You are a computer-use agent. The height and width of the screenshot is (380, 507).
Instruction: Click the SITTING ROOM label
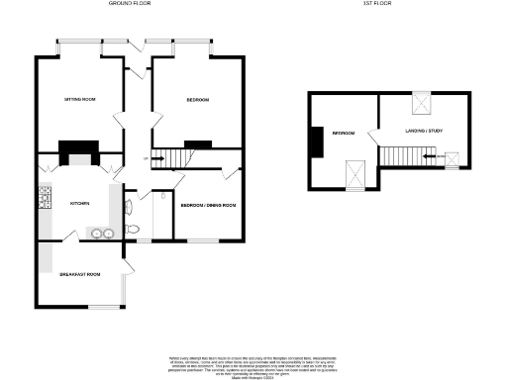pos(79,100)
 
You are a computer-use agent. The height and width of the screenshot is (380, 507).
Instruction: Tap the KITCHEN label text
pos(79,203)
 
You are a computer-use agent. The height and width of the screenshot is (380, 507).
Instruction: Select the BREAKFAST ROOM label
pos(80,274)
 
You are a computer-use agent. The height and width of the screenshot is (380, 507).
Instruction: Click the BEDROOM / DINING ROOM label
pos(207,205)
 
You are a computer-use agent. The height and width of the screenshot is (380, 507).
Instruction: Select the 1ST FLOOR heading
pos(377,4)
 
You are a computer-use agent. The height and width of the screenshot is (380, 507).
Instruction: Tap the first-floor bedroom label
pos(344,132)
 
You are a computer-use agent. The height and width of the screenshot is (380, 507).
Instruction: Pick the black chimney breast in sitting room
pos(77,152)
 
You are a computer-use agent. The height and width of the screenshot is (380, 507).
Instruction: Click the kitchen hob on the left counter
pos(44,199)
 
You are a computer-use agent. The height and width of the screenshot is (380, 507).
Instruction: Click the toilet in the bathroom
pos(129,208)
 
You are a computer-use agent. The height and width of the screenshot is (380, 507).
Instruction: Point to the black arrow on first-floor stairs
pos(430,156)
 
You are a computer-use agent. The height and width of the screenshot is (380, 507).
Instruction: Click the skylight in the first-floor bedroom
pos(353,174)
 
